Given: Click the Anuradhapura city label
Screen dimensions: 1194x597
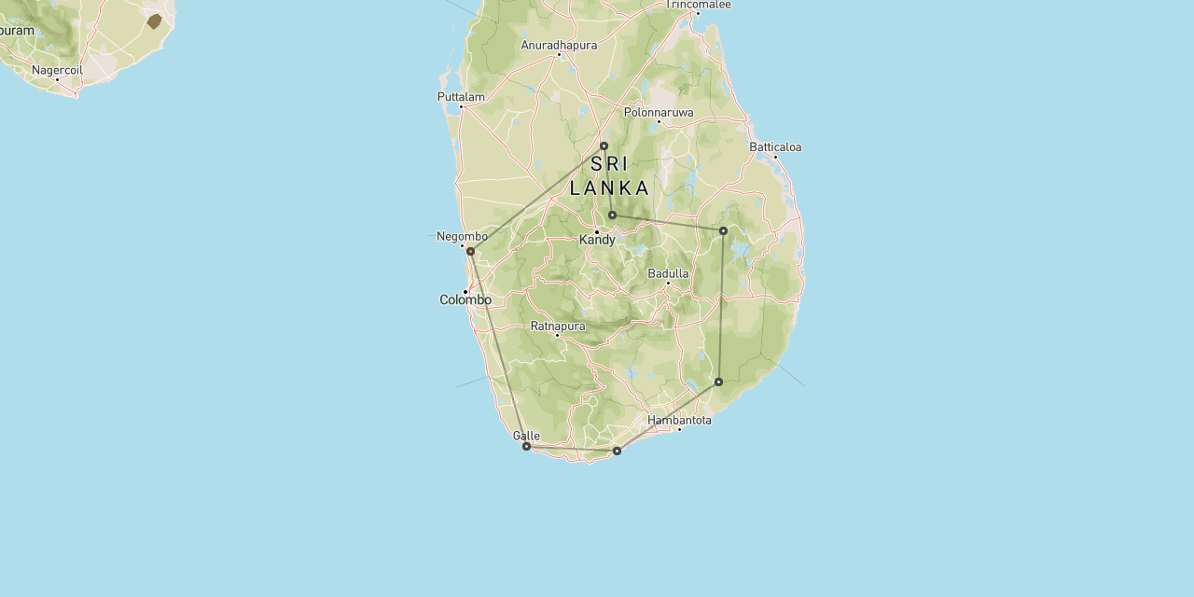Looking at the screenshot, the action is point(559,45).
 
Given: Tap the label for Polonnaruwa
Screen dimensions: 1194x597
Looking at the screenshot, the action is point(659,112).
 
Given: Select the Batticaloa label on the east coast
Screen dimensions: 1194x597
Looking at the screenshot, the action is point(775,146).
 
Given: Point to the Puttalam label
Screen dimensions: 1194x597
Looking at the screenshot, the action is point(461,96).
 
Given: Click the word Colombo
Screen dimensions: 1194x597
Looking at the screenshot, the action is point(465,300).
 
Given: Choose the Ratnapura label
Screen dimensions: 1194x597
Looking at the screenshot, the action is point(558,326).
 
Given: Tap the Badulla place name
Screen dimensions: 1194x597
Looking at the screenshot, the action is point(668,273).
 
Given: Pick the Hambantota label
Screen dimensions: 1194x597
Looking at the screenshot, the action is point(679,420).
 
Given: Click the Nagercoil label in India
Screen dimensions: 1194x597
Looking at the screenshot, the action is point(57,70).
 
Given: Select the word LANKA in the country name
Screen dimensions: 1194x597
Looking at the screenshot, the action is point(609,188).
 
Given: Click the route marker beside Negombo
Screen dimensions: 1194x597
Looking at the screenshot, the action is point(470,251).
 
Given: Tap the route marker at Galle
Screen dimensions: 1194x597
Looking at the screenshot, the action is point(526,446).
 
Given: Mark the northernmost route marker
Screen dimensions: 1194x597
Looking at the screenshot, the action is point(604,146).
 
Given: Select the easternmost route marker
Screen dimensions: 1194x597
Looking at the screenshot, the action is point(723,230).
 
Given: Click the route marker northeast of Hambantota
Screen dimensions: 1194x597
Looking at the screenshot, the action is point(718,382).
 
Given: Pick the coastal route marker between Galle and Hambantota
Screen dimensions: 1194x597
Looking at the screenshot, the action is point(617,451).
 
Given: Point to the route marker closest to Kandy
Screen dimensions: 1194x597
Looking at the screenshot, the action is point(612,215).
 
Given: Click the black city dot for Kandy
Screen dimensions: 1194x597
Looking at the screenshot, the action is point(597,231).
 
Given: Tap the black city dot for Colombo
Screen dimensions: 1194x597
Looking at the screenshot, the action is point(465,291).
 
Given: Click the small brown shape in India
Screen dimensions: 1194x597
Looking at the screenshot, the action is point(154,21).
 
